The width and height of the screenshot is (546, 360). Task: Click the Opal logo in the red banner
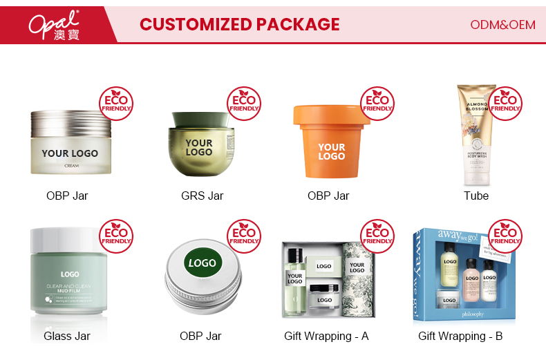click(55, 24)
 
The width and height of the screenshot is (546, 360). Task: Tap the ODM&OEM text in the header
click(502, 25)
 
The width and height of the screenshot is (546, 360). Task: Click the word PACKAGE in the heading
click(298, 25)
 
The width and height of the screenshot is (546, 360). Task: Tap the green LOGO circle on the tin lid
click(203, 263)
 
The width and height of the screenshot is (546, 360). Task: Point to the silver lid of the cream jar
click(70, 122)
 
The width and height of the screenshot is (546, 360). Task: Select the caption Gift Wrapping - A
click(326, 337)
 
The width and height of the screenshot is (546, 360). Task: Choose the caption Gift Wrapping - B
click(460, 337)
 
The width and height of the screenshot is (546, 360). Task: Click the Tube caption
click(476, 196)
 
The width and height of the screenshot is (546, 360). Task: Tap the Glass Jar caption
click(67, 337)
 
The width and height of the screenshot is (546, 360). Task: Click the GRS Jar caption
click(202, 196)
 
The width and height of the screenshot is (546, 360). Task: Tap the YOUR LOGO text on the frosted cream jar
click(70, 153)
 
